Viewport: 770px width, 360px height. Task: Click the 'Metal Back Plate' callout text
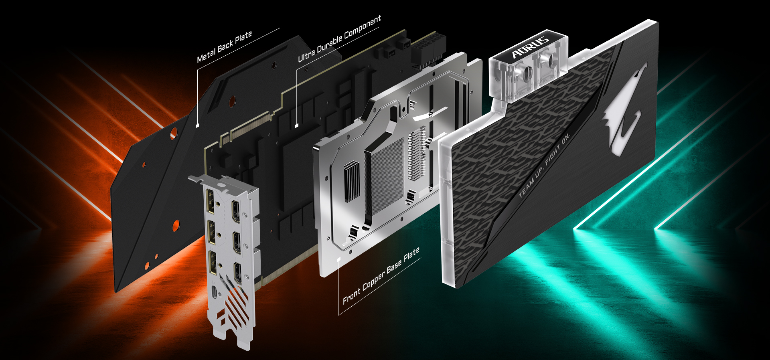coord(224,47)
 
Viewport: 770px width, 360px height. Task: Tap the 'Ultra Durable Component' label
coord(339,38)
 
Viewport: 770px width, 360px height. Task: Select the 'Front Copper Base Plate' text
coord(381,275)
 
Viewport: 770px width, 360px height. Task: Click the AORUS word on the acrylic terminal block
coord(530,47)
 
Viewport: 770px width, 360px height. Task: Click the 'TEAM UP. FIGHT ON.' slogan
coord(544,166)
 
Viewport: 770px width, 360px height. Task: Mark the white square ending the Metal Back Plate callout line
coord(197,125)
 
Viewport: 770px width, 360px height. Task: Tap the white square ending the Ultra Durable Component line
coord(297,125)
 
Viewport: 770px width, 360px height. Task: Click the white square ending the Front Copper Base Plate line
coord(339,259)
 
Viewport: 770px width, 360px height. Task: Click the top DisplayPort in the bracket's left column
coord(210,199)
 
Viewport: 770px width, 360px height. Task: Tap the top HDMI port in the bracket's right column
coord(235,210)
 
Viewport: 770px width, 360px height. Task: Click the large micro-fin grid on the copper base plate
coord(387,176)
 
